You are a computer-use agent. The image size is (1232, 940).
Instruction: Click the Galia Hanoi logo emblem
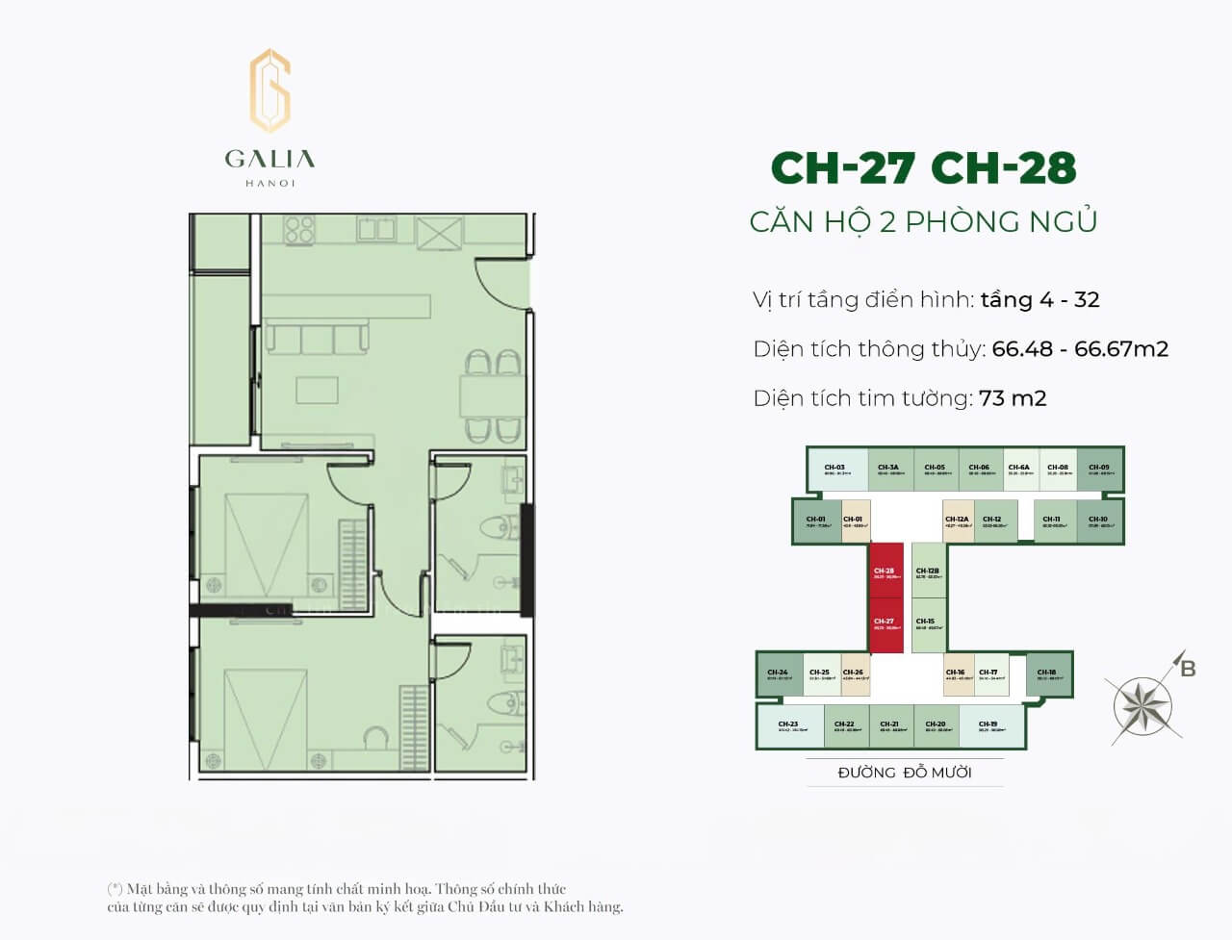click(269, 90)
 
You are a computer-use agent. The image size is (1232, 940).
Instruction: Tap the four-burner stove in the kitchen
click(299, 229)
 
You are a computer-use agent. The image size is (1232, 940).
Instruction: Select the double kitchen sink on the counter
click(375, 229)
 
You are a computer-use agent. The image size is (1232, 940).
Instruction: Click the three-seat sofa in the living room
click(317, 338)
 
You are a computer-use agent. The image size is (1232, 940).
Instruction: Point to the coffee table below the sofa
click(317, 390)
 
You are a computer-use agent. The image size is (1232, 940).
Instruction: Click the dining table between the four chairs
click(492, 394)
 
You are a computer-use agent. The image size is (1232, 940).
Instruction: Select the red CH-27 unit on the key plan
click(885, 625)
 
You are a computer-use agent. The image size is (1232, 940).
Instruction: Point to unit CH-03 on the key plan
click(835, 470)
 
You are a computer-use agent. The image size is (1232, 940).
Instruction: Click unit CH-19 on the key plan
click(988, 726)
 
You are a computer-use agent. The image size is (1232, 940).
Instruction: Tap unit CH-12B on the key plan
click(927, 573)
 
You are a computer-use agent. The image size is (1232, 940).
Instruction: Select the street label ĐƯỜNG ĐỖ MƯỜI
click(904, 773)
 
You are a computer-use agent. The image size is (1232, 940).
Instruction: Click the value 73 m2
click(1013, 398)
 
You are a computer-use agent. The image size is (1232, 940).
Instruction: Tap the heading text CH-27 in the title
click(842, 168)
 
